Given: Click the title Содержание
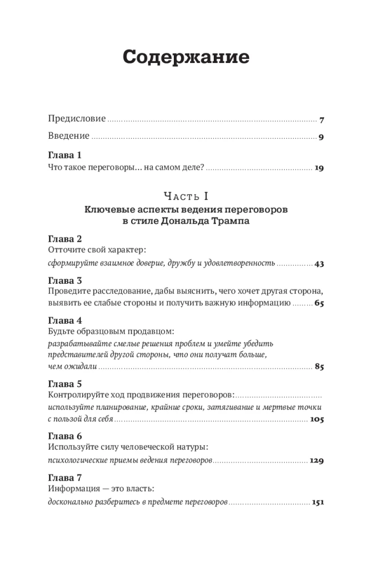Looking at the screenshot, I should tap(186, 58).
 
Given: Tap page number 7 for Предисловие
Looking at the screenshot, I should tap(322, 120).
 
